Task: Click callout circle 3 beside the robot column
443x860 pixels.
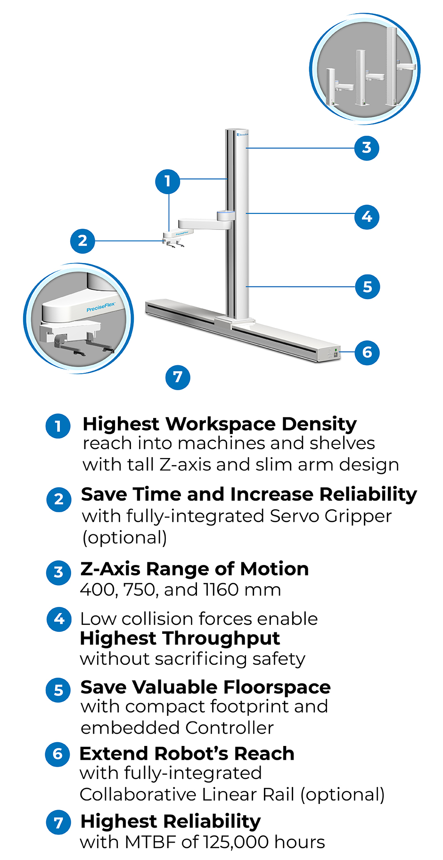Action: pyautogui.click(x=367, y=148)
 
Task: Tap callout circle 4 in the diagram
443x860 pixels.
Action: pyautogui.click(x=367, y=217)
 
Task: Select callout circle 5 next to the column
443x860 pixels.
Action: pyautogui.click(x=367, y=287)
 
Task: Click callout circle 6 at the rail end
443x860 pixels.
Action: pyautogui.click(x=367, y=352)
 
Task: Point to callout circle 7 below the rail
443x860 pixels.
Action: pyautogui.click(x=178, y=377)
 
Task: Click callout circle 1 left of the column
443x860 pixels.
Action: pyautogui.click(x=168, y=181)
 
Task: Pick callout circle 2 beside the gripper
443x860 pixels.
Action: pyautogui.click(x=82, y=241)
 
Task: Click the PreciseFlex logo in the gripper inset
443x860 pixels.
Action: pyautogui.click(x=101, y=308)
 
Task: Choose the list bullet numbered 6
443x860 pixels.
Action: pyautogui.click(x=57, y=754)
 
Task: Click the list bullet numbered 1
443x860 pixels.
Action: pyautogui.click(x=58, y=426)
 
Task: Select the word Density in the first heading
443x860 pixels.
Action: pyautogui.click(x=319, y=424)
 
